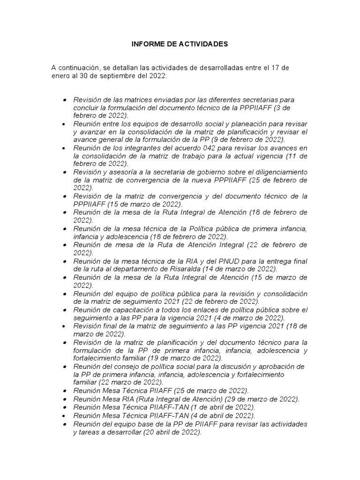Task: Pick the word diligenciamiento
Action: click(279, 172)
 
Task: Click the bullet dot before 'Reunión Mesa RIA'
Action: click(64, 399)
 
